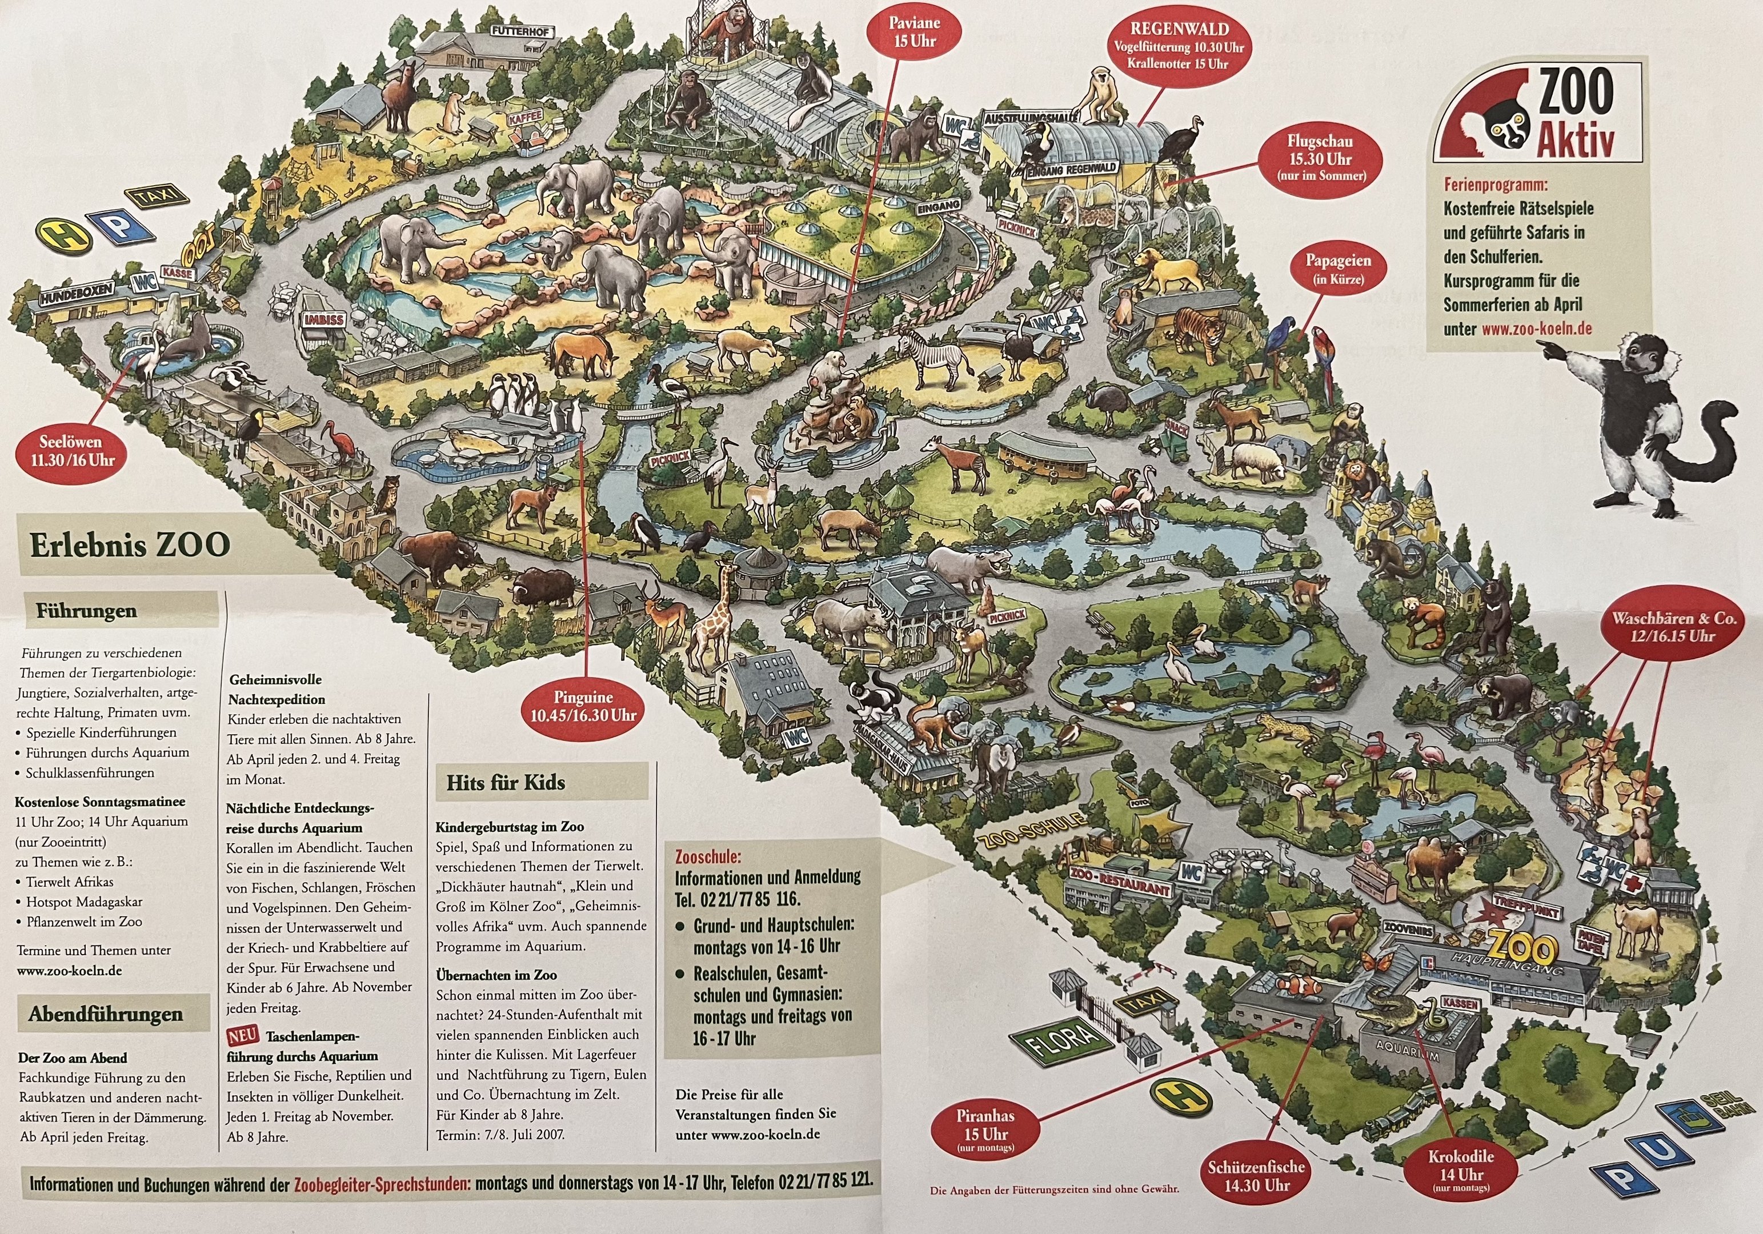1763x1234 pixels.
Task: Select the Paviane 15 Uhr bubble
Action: coord(915,31)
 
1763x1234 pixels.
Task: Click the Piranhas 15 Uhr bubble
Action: coord(985,1129)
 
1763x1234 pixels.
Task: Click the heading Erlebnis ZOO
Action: coord(130,544)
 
